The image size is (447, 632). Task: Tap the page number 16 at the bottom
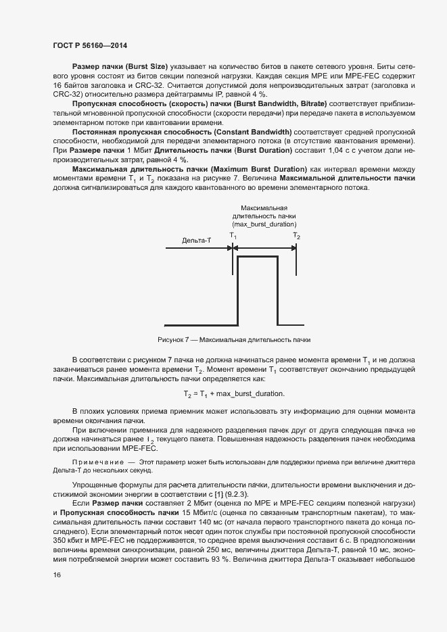click(56, 575)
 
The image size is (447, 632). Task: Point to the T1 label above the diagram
click(233, 235)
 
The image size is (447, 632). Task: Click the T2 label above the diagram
click(296, 235)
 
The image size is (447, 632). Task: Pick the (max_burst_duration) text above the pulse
click(264, 223)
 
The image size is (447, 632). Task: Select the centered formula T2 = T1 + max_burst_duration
click(233, 393)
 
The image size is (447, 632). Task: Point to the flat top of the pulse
click(258, 258)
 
